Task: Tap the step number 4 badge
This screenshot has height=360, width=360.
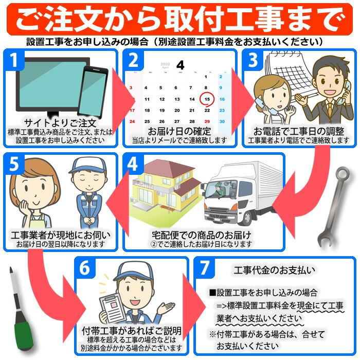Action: (132, 165)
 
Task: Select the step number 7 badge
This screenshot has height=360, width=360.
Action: (205, 268)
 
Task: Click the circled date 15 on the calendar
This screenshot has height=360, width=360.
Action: (206, 99)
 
